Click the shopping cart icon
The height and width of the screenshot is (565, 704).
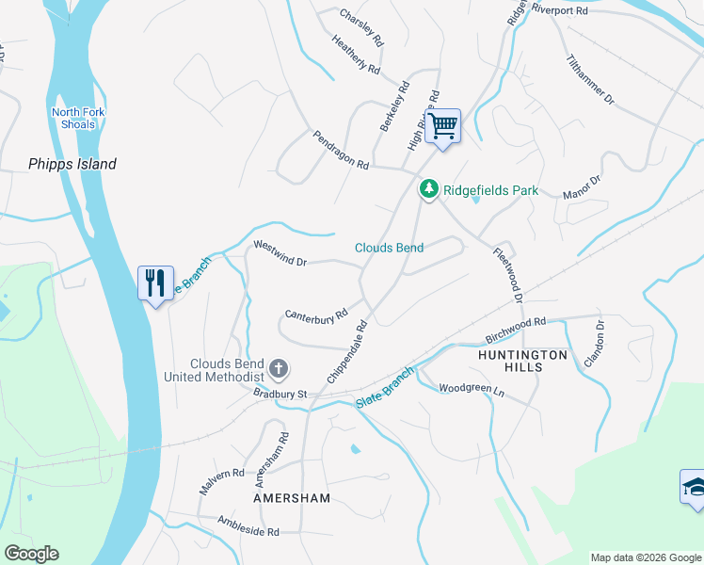point(442,125)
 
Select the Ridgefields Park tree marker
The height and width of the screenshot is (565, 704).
point(429,189)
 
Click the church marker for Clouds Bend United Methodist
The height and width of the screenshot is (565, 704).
point(278,367)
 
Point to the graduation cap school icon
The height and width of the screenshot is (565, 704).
point(695,488)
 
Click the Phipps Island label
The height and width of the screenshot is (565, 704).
point(72,164)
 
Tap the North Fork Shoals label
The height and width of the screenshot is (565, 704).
point(73,119)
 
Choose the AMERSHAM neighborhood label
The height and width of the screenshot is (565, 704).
point(292,497)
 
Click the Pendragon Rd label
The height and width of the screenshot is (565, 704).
point(342,150)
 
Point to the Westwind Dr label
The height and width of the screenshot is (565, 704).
point(280,253)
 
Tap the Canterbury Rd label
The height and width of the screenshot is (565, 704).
point(316,314)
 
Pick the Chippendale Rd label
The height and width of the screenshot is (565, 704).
point(346,351)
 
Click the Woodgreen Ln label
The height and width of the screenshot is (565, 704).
point(472,388)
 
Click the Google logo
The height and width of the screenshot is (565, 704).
point(31,554)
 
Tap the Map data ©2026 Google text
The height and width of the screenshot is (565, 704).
point(646,557)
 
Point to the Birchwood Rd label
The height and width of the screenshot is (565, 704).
point(516,328)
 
